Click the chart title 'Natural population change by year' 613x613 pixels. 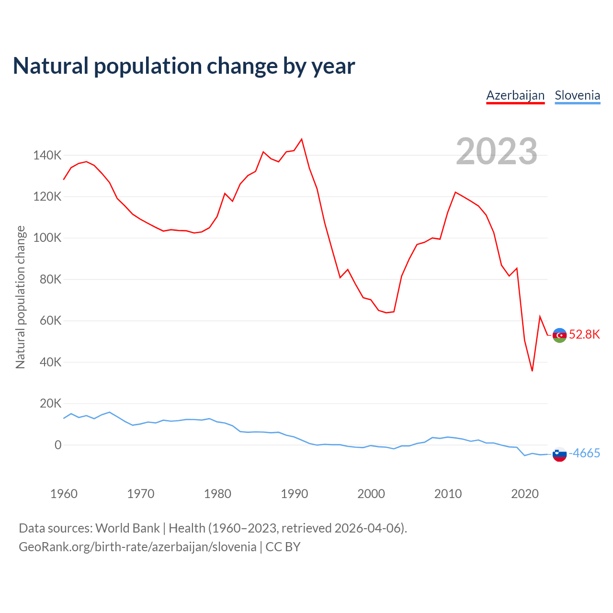pos(184,66)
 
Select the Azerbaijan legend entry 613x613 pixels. pos(515,95)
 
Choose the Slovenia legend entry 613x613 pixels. pos(577,95)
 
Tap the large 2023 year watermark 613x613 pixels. pos(497,151)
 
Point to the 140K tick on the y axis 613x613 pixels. pos(47,155)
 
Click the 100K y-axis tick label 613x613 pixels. pos(47,238)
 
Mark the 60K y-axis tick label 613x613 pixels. pos(50,321)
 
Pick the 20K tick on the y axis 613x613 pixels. pos(50,404)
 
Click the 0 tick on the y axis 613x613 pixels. pos(58,445)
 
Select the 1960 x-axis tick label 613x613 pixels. pos(64,494)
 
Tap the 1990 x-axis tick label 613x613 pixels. pos(294,494)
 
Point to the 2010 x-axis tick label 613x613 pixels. pos(448,494)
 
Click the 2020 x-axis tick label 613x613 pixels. pos(525,494)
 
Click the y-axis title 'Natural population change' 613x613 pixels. pos(20,297)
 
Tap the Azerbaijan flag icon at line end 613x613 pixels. pos(559,335)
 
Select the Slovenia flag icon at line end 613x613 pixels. pos(559,454)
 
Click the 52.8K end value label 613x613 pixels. pos(584,334)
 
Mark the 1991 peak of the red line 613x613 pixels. pos(302,139)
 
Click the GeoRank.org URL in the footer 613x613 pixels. pos(137,547)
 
